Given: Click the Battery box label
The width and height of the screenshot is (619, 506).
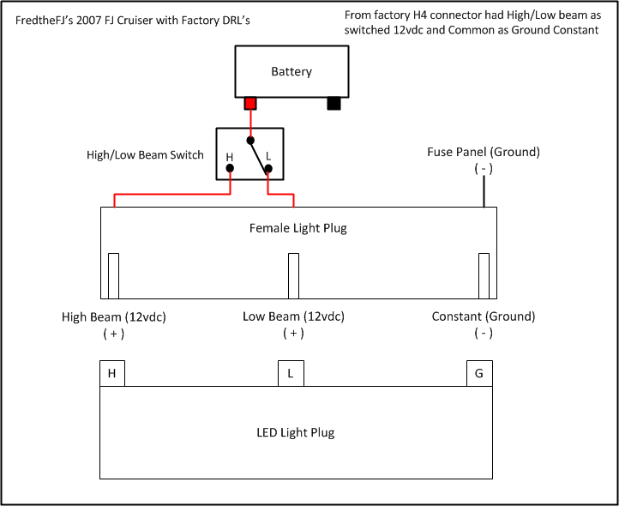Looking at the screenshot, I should coord(291,72).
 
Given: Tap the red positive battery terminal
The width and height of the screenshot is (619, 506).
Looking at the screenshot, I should coord(250,104).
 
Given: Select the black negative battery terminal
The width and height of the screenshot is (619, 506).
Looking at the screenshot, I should coord(334,104).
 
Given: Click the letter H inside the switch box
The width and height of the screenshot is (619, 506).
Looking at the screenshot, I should coord(229,157).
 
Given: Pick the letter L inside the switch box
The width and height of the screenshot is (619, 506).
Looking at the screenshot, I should coord(268,157).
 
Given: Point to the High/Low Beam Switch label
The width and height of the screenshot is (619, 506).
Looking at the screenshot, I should coord(146,155).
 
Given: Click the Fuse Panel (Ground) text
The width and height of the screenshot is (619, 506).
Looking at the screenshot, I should coord(484,152).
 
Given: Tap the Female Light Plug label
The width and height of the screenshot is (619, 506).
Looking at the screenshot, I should coord(298,228).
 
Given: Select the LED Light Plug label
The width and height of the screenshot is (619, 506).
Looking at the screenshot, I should coord(296,432).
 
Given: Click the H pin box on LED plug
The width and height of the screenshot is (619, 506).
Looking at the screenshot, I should coord(112,374).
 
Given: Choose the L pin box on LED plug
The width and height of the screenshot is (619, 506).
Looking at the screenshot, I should coord(291,374).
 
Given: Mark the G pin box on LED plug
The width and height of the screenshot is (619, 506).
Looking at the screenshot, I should coord(479,374).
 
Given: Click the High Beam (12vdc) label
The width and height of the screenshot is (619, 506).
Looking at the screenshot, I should coord(114,316).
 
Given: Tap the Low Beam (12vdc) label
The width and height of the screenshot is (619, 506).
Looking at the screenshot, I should coord(293,316).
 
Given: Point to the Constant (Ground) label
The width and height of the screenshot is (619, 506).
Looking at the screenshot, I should coord(484,316).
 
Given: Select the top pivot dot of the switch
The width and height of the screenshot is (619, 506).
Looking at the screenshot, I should coord(249,140).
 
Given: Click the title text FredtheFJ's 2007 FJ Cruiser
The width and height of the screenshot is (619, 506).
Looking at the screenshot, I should coord(132,19).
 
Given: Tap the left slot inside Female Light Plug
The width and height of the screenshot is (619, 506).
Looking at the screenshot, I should coord(113,275).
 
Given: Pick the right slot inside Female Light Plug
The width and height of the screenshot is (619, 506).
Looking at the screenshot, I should coord(484,275).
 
